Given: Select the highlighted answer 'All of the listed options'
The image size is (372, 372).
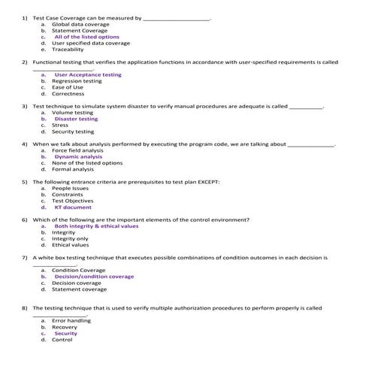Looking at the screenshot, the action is (x=86, y=36).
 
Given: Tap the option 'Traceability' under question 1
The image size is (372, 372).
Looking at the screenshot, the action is (x=68, y=49).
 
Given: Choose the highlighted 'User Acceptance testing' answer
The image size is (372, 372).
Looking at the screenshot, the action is (x=88, y=75).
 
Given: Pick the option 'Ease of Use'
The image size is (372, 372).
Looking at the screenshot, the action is (x=68, y=87).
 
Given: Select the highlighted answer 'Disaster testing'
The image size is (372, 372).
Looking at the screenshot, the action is (x=76, y=119).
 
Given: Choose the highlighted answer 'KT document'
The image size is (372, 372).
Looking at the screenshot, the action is (x=73, y=207).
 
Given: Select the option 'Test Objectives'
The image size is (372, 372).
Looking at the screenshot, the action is (x=73, y=201).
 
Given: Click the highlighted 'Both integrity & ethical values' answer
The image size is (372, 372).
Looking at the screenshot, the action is (x=96, y=226).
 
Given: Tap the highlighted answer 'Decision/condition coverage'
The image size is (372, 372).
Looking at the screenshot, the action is (x=94, y=277).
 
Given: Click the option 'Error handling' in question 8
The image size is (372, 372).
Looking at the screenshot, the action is (x=71, y=321).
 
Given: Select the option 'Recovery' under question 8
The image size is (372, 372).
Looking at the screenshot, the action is (x=65, y=327).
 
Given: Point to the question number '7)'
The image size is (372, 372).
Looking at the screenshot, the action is (x=26, y=257).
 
